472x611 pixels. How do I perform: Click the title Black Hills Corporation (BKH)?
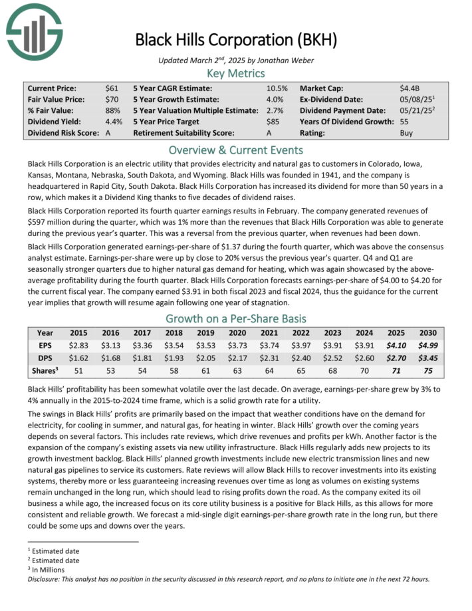pos(236,39)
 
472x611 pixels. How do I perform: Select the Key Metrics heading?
pos(236,73)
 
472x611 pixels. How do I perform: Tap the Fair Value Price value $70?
pos(112,99)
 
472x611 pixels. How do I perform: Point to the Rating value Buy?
pos(406,133)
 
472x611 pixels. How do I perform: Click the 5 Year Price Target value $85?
pos(273,122)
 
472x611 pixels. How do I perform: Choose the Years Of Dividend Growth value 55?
pos(404,122)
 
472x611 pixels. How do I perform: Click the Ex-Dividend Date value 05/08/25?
pos(414,99)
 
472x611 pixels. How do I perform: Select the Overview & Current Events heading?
pos(236,150)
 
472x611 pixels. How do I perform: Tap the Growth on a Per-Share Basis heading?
pos(236,318)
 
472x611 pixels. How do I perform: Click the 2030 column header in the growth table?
pos(429,332)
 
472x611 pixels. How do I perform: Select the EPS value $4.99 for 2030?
pos(429,346)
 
